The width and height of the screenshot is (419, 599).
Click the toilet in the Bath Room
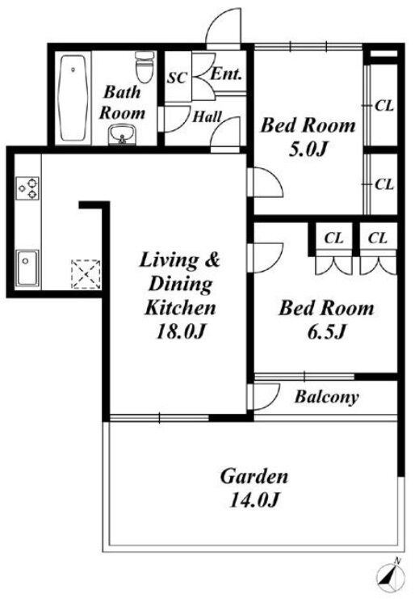click(145, 66)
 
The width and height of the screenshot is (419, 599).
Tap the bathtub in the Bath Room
click(73, 98)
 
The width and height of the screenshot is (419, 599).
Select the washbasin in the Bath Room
click(122, 135)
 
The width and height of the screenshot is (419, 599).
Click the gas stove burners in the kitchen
click(27, 188)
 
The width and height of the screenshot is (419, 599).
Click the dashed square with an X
click(86, 274)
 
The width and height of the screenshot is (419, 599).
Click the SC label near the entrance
click(178, 78)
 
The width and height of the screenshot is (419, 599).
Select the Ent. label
click(226, 74)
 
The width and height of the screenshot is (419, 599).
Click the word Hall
click(207, 116)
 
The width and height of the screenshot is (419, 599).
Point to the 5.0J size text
click(308, 149)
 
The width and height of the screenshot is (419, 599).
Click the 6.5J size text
click(327, 331)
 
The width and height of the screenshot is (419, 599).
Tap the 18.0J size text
click(182, 331)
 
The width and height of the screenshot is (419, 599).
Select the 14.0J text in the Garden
click(254, 500)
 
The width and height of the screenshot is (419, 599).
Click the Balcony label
click(327, 397)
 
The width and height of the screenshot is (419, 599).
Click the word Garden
click(254, 476)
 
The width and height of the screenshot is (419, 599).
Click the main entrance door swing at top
click(224, 27)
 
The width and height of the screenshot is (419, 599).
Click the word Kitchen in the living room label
click(180, 307)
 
